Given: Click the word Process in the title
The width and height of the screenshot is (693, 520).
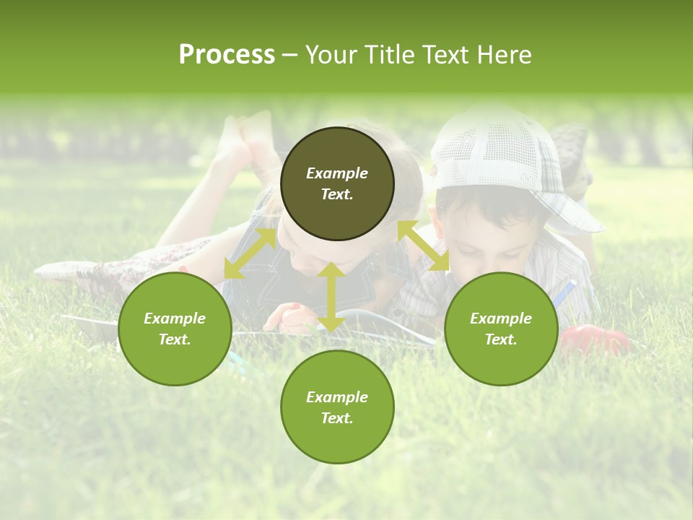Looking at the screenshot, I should [227, 55].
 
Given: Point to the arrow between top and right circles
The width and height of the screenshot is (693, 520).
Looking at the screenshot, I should [423, 246].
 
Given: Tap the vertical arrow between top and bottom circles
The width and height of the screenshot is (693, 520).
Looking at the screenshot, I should [331, 297].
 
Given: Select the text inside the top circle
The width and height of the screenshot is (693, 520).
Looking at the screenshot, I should [337, 183].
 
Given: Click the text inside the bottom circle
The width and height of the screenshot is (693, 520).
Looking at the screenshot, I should [337, 407].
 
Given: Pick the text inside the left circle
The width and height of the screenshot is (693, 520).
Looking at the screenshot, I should [175, 329].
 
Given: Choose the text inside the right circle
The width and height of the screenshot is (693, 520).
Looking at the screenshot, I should [501, 329].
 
